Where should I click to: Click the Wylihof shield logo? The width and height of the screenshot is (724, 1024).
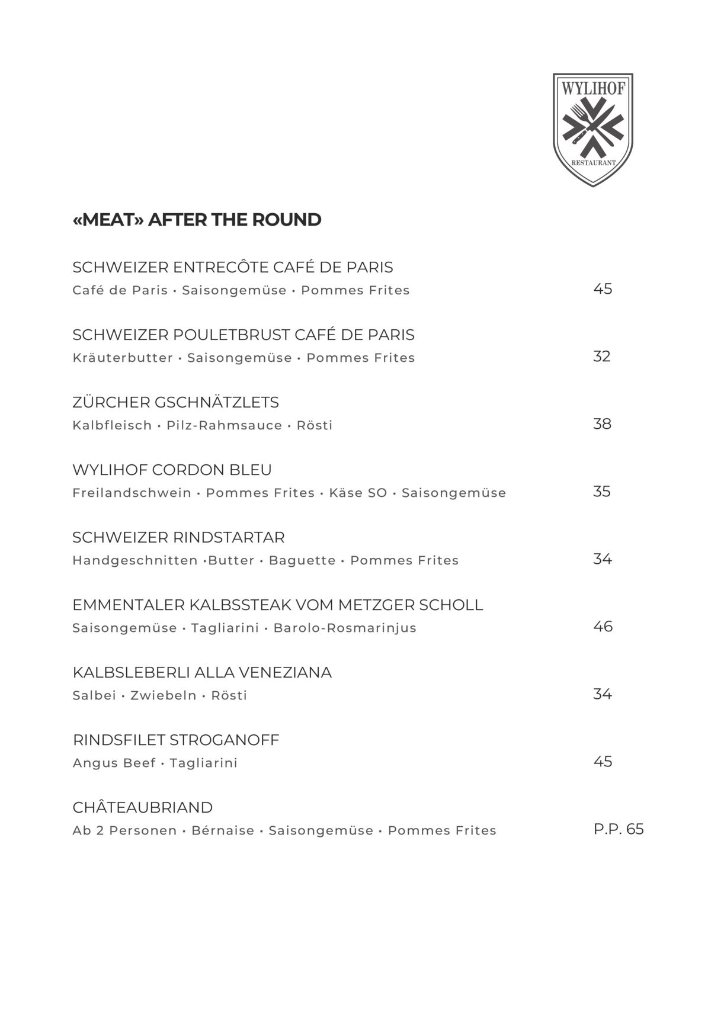(592, 130)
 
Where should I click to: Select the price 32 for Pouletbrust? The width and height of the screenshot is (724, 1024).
(601, 356)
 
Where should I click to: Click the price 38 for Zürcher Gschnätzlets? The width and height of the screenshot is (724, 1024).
(602, 423)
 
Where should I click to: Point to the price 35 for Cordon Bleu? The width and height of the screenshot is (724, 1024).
(601, 491)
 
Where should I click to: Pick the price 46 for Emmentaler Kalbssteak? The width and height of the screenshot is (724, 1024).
(603, 626)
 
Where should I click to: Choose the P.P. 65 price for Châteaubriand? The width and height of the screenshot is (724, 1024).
(618, 829)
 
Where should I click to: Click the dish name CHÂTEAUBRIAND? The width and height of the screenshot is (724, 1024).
(142, 807)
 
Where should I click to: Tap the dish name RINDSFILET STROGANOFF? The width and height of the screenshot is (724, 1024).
(175, 740)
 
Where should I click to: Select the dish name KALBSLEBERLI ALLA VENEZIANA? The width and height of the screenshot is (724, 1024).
(201, 672)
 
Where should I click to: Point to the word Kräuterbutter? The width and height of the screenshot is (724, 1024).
(123, 358)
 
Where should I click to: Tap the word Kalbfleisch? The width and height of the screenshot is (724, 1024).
(112, 425)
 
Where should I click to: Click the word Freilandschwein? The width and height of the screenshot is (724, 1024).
(132, 493)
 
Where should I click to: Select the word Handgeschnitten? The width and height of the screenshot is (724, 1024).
(134, 560)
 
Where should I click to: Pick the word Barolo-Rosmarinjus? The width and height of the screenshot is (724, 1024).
(344, 628)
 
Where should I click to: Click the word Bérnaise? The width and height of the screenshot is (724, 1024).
(223, 830)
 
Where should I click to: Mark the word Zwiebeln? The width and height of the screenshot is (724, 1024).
(163, 695)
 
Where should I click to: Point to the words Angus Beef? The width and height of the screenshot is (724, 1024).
(114, 763)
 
